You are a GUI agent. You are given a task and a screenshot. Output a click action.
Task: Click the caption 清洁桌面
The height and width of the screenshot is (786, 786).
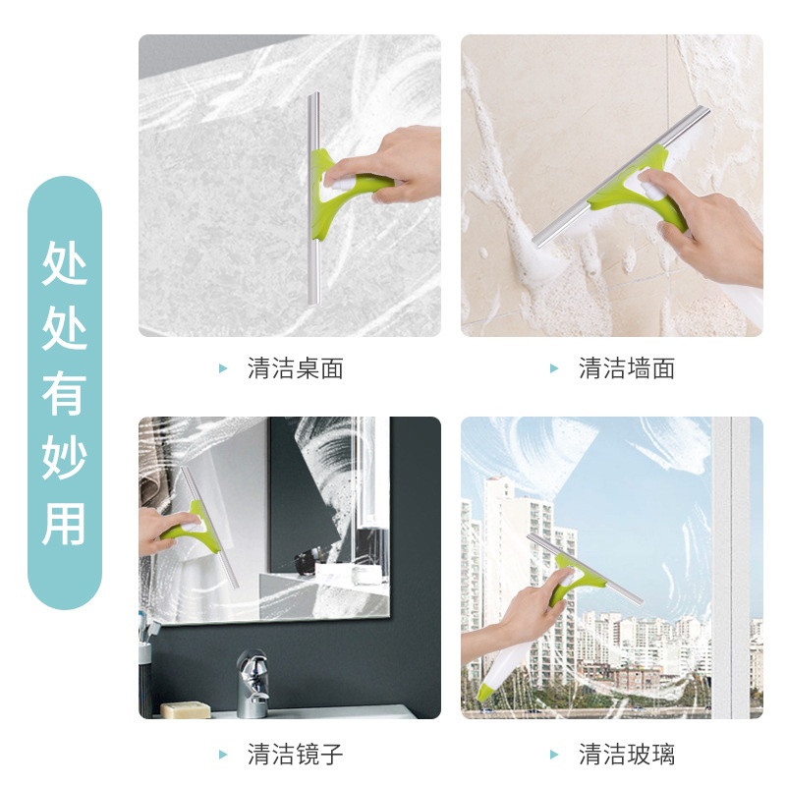[x=295, y=368]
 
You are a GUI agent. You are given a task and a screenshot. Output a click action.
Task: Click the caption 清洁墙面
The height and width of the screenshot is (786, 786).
[x=627, y=368]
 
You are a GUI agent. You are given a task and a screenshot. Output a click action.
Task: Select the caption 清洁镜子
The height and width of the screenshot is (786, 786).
[x=295, y=755]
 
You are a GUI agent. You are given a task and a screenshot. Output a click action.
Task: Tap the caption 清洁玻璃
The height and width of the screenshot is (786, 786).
[x=627, y=755]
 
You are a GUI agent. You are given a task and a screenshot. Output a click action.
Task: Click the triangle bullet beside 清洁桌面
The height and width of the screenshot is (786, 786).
[x=224, y=369]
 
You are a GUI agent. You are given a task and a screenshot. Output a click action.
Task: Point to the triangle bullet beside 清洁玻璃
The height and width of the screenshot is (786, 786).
[x=554, y=755]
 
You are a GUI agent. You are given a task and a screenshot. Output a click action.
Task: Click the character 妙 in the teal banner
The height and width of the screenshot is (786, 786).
[x=65, y=457]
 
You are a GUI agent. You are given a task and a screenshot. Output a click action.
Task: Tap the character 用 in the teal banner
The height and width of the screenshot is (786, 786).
[x=65, y=524]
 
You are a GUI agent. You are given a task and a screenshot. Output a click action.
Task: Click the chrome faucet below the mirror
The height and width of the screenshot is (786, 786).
[x=253, y=683]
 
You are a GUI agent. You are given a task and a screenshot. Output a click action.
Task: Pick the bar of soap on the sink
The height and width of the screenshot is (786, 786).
[x=186, y=709]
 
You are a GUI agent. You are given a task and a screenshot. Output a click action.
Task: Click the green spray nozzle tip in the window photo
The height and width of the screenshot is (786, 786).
[x=486, y=691]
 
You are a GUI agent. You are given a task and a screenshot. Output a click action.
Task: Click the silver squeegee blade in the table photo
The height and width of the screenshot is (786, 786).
[x=313, y=198]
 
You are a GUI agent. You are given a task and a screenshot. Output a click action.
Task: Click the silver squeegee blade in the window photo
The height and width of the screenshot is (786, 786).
[x=585, y=569]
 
